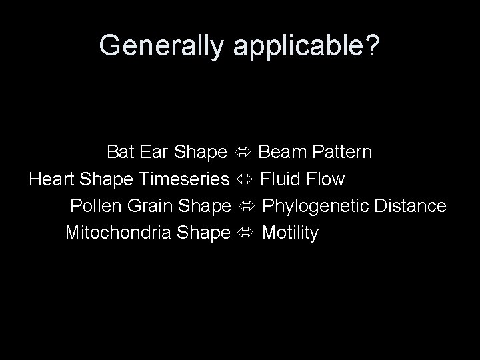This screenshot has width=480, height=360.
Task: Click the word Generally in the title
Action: click(163, 45)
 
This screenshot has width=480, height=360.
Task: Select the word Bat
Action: click(121, 153)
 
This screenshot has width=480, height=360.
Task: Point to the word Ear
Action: click(154, 153)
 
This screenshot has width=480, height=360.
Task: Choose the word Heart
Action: click(51, 179)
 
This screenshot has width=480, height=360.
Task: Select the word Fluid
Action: click(281, 179)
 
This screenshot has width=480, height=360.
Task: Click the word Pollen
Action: click(95, 206)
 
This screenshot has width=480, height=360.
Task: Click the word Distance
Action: click(410, 206)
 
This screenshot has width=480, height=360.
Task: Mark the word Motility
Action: click(291, 233)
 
